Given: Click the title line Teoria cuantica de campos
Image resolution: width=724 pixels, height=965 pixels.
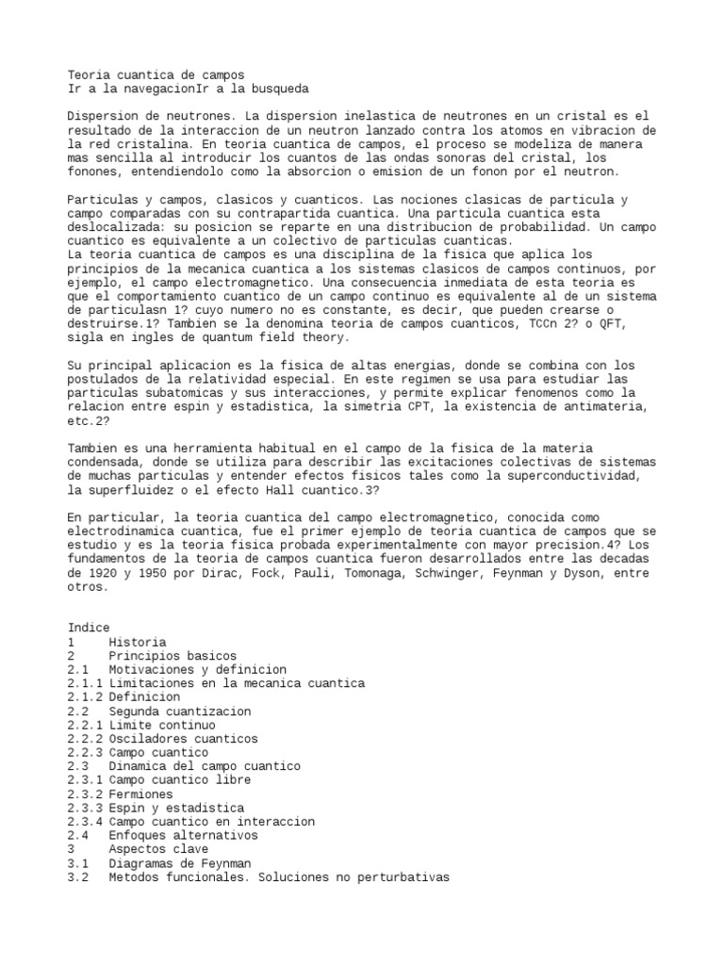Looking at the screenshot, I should point(156,74).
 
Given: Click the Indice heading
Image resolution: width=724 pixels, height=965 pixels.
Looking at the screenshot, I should point(89,628).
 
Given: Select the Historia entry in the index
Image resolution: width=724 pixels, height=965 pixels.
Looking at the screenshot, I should point(137,642).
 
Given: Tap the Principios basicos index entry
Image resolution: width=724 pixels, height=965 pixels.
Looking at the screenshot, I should point(172,656).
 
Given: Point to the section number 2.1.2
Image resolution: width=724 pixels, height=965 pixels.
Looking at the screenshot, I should point(85,697).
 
